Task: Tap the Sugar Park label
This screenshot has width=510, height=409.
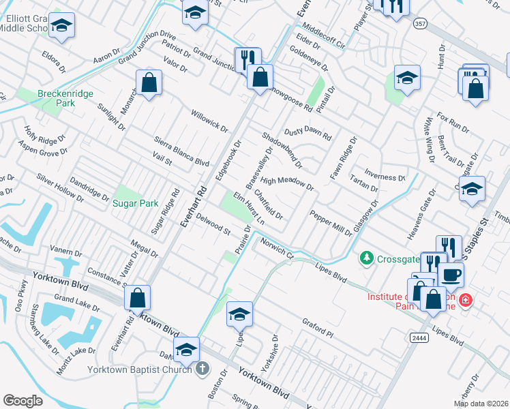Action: tap(134, 203)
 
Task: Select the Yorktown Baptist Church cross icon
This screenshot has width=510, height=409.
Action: tap(202, 369)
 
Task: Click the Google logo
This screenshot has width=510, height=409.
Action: tap(22, 401)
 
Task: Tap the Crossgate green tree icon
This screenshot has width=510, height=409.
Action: tap(367, 258)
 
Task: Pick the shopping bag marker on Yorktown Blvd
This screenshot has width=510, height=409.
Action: tap(137, 297)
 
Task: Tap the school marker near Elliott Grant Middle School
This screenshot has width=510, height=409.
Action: tap(62, 27)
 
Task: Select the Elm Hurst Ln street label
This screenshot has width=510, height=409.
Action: tap(249, 209)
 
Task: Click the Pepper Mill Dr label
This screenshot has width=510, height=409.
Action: tap(331, 223)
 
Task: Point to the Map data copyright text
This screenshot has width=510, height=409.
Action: tap(481, 404)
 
